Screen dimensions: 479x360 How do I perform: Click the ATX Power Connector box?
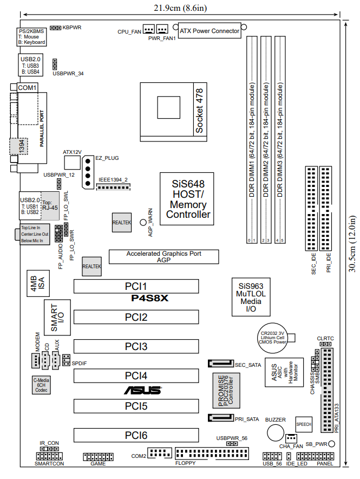tap(209, 31)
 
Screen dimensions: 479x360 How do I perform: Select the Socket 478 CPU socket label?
tap(199, 111)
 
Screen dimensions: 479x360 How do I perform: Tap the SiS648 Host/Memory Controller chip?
tap(188, 199)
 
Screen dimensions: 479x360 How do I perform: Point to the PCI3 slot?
tap(136, 346)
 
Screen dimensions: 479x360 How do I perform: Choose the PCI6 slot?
tap(136, 435)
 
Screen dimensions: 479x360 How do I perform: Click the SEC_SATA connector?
tap(220, 364)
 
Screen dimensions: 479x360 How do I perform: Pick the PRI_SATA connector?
tap(220, 418)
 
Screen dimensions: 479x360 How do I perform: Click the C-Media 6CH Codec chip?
tap(41, 384)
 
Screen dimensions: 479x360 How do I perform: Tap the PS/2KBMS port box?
tap(31, 36)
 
